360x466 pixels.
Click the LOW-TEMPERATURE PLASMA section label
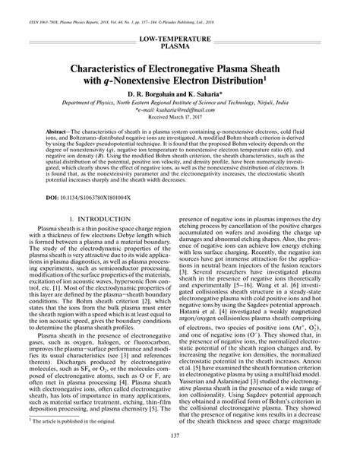point(180,40)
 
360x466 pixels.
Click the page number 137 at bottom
point(180,457)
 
